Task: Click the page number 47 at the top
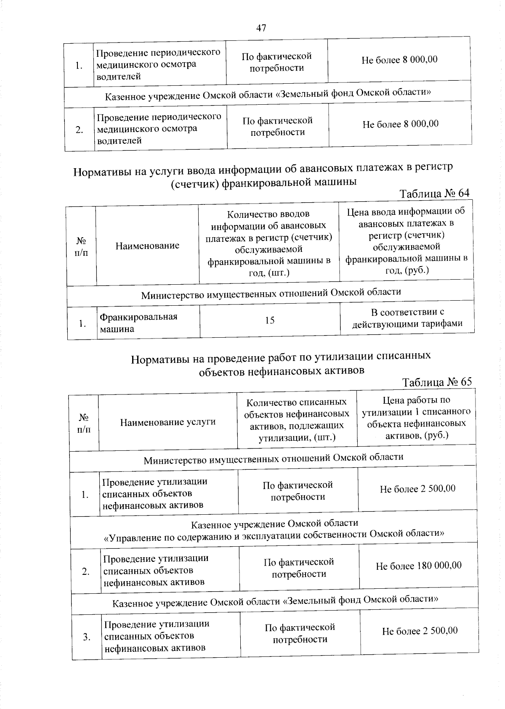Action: click(261, 28)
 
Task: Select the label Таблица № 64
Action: click(434, 193)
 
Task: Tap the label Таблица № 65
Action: click(436, 382)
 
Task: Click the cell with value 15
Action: click(270, 320)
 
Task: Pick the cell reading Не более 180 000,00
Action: click(418, 566)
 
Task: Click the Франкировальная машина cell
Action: click(138, 323)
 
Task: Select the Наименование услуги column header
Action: click(168, 422)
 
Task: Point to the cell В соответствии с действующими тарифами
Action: click(407, 318)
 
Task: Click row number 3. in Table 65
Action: click(87, 637)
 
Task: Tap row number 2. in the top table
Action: click(80, 130)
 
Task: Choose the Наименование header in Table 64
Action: click(147, 246)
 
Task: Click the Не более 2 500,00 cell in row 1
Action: click(417, 489)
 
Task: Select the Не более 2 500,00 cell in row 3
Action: click(419, 631)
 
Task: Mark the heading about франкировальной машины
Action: click(263, 175)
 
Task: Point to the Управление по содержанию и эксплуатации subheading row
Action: click(274, 529)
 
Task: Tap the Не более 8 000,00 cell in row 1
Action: click(399, 60)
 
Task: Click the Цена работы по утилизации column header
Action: click(416, 418)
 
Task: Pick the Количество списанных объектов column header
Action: click(297, 420)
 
